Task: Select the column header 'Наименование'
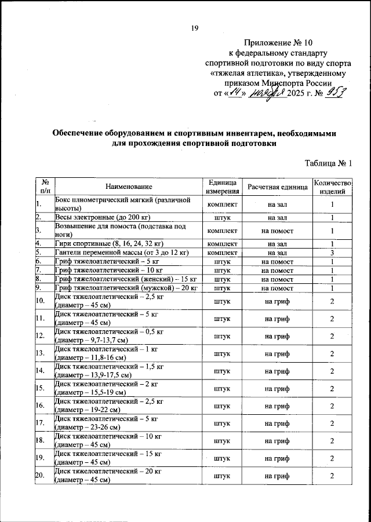(x=129, y=187)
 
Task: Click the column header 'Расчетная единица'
(x=277, y=187)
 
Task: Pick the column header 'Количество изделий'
(x=332, y=187)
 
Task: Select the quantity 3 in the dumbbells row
(x=332, y=253)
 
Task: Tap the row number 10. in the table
(x=40, y=301)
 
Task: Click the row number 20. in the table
(x=40, y=476)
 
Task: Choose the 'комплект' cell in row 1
(x=223, y=204)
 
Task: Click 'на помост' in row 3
(x=277, y=231)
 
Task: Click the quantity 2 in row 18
(x=332, y=441)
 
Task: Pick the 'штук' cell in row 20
(x=223, y=476)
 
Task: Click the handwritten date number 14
(x=235, y=93)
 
